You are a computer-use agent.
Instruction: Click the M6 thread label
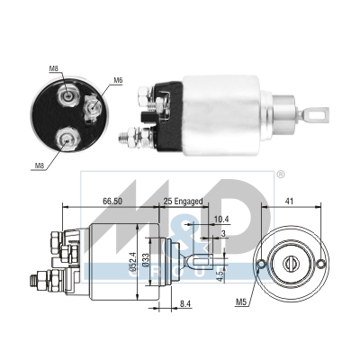click(118, 81)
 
